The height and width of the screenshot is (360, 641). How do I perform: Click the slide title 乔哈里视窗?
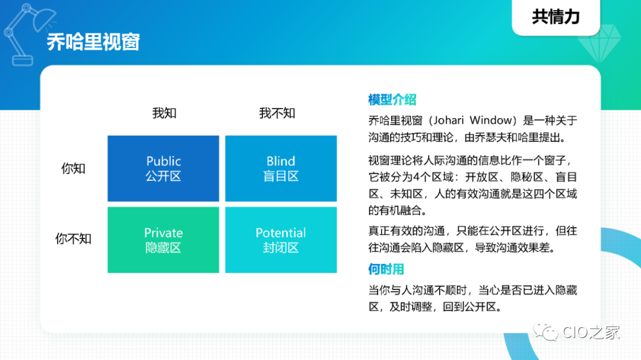click(93, 42)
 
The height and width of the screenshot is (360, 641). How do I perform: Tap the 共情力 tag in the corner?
click(556, 17)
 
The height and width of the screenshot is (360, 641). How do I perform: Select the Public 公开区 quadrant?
click(163, 168)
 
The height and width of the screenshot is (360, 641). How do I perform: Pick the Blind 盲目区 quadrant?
click(281, 168)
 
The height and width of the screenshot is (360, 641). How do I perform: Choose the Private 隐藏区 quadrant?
click(163, 240)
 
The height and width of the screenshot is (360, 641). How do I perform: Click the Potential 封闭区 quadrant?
click(281, 240)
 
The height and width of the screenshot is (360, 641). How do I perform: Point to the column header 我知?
click(164, 113)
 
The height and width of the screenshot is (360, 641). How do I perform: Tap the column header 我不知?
click(277, 113)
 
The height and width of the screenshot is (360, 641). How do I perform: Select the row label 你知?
click(73, 168)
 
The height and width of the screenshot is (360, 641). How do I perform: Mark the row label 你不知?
click(73, 238)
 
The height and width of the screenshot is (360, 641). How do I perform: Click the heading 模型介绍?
click(392, 99)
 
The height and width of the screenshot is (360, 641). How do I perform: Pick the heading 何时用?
click(386, 269)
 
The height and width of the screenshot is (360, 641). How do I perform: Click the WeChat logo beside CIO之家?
click(546, 332)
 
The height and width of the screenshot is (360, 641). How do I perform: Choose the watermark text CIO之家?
click(591, 332)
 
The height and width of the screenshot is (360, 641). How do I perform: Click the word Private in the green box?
click(163, 233)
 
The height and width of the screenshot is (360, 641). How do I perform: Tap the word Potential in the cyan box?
click(281, 233)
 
